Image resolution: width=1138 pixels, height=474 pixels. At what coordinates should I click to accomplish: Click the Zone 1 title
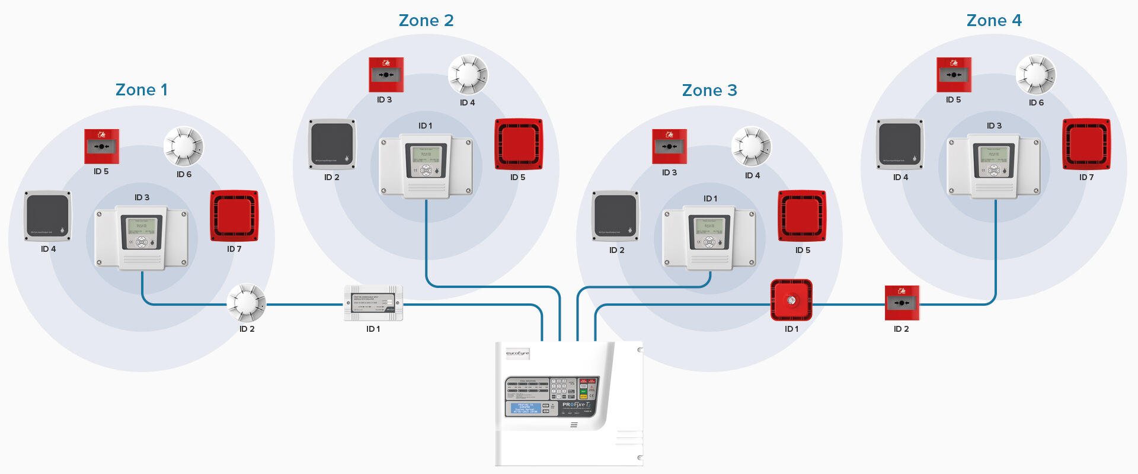141,90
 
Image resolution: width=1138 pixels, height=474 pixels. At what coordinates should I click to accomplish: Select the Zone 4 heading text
994,21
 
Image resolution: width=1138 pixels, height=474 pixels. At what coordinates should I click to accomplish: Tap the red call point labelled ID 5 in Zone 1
101,146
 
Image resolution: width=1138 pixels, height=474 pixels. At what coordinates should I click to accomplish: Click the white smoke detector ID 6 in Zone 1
184,146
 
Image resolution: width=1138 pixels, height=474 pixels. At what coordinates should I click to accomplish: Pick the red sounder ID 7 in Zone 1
234,216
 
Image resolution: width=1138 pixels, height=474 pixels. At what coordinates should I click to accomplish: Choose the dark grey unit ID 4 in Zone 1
48,216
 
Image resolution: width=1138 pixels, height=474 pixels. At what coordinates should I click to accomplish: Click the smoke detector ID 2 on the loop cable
247,303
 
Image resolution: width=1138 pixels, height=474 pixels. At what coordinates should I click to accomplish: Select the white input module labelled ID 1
373,303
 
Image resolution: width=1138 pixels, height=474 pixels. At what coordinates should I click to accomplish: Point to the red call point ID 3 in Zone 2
386,75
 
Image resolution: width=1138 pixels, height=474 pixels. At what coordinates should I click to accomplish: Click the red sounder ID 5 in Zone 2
519,144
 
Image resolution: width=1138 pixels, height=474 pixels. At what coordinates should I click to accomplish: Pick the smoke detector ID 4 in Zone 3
752,146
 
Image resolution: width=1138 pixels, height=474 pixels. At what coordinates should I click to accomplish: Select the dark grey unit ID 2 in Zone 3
616,216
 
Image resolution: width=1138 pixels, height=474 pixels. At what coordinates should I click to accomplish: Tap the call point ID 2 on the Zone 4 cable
902,303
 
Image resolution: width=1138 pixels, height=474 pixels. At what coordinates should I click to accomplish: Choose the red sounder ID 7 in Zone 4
1086,144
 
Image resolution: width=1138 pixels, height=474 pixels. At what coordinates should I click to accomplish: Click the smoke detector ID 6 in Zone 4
1036,75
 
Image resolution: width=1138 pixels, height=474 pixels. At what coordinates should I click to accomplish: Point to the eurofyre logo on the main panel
517,354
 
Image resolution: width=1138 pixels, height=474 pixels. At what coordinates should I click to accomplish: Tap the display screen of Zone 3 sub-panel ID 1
709,229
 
